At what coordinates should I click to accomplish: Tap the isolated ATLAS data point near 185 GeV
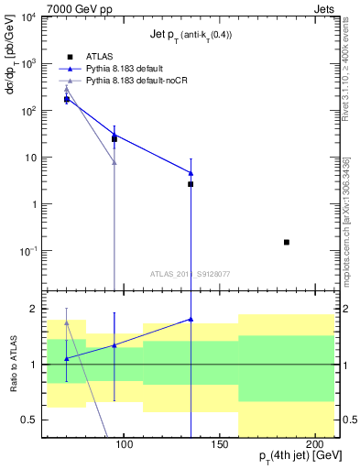287,242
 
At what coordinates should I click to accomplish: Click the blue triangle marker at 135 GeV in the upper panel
191,172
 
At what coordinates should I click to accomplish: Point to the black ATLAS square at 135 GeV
191,184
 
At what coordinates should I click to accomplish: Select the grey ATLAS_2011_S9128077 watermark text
191,273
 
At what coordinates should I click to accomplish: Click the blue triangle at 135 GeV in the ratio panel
191,319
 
